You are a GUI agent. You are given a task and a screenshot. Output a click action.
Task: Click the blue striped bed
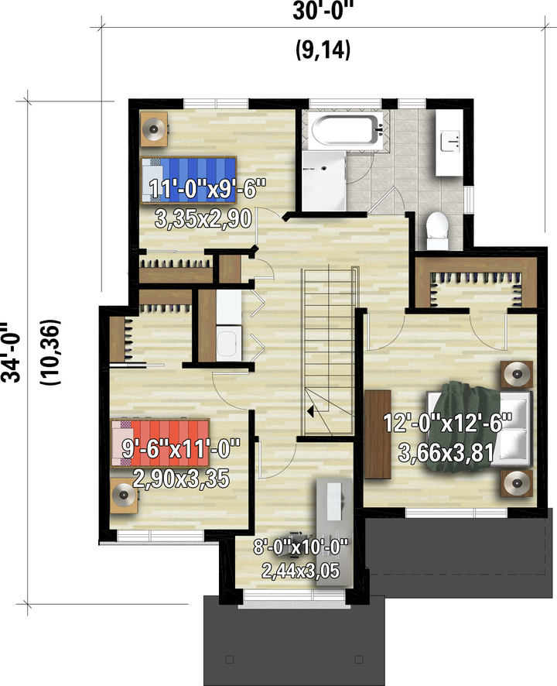coord(189,180)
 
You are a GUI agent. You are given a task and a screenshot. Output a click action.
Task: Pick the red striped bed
coord(160,443)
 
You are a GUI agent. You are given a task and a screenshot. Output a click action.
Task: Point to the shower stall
coord(324,181)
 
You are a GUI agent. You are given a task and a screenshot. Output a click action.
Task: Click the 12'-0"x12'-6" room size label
coord(447,424)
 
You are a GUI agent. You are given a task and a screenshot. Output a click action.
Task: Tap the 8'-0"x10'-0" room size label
coord(301,547)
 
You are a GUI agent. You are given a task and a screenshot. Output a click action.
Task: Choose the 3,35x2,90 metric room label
coord(203,219)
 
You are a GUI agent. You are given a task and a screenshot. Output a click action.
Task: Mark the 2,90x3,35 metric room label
coord(180,479)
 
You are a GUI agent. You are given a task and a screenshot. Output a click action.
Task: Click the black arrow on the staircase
coord(310,412)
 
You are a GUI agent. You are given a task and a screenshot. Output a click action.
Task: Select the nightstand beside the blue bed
coord(154,129)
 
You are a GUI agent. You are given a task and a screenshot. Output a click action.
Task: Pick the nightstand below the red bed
coord(125,496)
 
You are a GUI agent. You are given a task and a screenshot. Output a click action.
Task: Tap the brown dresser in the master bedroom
coord(378,434)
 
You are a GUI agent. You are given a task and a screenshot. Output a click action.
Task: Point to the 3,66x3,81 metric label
coord(446,452)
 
